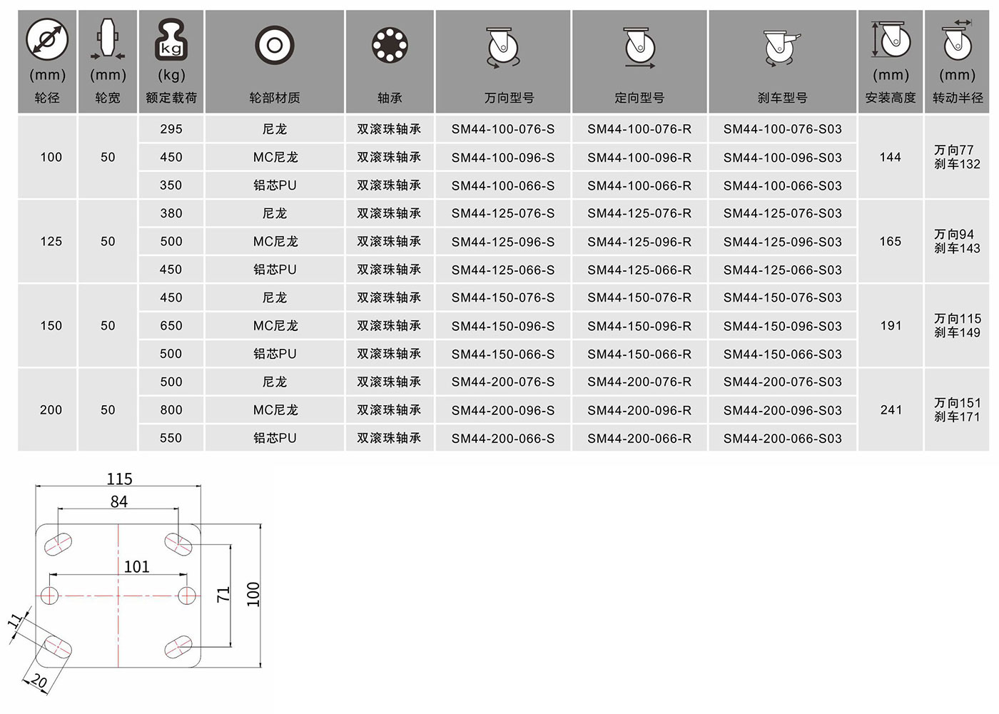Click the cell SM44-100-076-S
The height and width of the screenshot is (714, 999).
pyautogui.click(x=502, y=129)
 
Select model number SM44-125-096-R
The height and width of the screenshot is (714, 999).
pyautogui.click(x=639, y=242)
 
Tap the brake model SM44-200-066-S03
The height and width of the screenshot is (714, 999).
pyautogui.click(x=782, y=439)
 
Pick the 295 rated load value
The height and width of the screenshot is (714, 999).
pyautogui.click(x=171, y=129)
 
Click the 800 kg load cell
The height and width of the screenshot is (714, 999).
pyautogui.click(x=171, y=410)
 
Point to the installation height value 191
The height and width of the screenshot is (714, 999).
pyautogui.click(x=891, y=326)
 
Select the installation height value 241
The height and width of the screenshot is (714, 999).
pyautogui.click(x=891, y=410)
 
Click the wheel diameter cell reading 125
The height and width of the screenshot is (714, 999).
pyautogui.click(x=51, y=242)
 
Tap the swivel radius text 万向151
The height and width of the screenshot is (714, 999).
pyautogui.click(x=958, y=403)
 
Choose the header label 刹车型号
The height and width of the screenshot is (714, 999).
pyautogui.click(x=782, y=98)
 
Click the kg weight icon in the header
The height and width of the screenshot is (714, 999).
pyautogui.click(x=171, y=39)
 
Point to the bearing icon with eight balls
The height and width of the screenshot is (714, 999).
pyautogui.click(x=390, y=45)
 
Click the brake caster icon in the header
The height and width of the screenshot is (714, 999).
pyautogui.click(x=781, y=48)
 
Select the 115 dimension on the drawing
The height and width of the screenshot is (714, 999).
pyautogui.click(x=120, y=479)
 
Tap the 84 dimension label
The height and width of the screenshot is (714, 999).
pyautogui.click(x=119, y=502)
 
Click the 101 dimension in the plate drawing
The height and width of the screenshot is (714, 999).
pyautogui.click(x=136, y=567)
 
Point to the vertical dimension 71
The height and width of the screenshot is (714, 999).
pyautogui.click(x=223, y=595)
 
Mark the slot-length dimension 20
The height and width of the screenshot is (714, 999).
pyautogui.click(x=39, y=681)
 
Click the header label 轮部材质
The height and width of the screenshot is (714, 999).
pyautogui.click(x=275, y=98)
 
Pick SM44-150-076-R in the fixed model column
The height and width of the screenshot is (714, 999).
pyautogui.click(x=639, y=297)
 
